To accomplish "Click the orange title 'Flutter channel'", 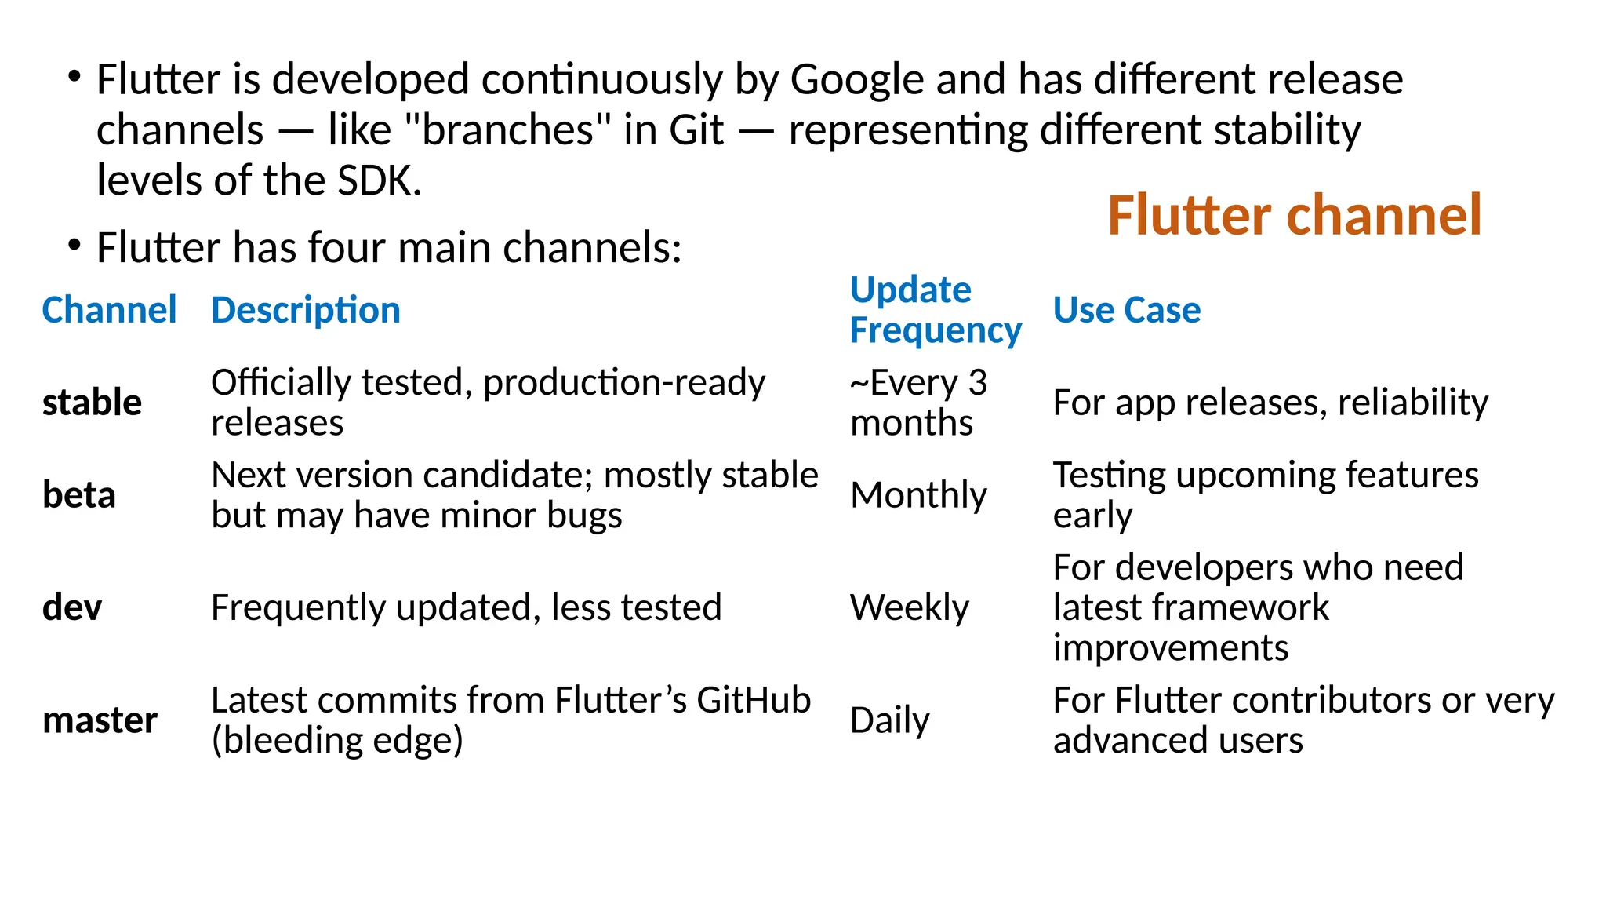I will (1294, 215).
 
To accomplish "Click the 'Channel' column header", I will (109, 310).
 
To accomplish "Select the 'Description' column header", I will (306, 310).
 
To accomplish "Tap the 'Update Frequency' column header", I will (935, 310).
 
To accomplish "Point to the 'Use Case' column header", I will (1126, 310).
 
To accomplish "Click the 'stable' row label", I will (92, 403).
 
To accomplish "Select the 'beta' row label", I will (78, 495).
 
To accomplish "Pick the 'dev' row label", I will (72, 607).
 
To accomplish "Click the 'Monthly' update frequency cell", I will (918, 495).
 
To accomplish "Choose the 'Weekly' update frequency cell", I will (910, 607).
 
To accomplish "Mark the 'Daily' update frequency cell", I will (889, 720).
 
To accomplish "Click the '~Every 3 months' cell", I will (917, 403).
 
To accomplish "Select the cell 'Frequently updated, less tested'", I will (466, 607).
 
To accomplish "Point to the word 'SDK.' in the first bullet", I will (379, 180).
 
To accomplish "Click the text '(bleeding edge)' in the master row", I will (337, 740).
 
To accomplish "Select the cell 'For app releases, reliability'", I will (1270, 403).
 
